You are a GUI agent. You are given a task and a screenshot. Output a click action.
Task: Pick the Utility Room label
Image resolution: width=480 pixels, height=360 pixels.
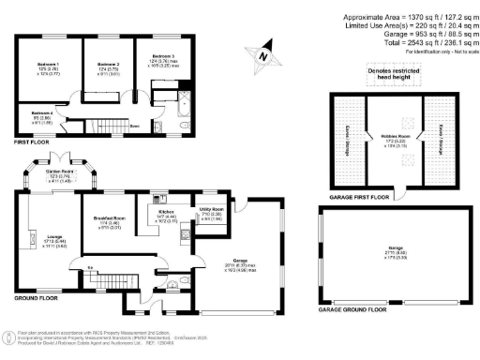[x=211, y=211]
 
